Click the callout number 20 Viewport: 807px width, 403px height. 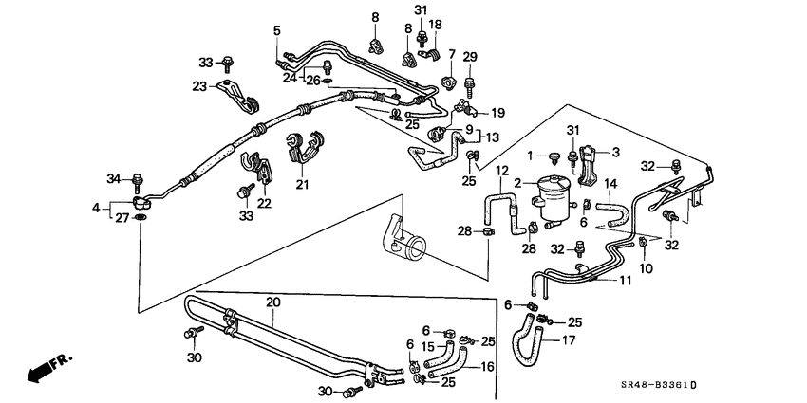point(273,302)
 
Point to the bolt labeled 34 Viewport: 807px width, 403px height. point(138,180)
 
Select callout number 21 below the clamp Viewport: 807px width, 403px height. point(302,184)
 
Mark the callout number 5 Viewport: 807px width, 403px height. point(277,30)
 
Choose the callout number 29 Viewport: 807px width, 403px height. point(469,58)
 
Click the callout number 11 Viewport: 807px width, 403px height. point(625,281)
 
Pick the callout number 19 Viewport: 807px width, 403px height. point(497,112)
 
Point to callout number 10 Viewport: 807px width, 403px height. point(647,269)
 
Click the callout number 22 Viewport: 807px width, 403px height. point(263,203)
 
